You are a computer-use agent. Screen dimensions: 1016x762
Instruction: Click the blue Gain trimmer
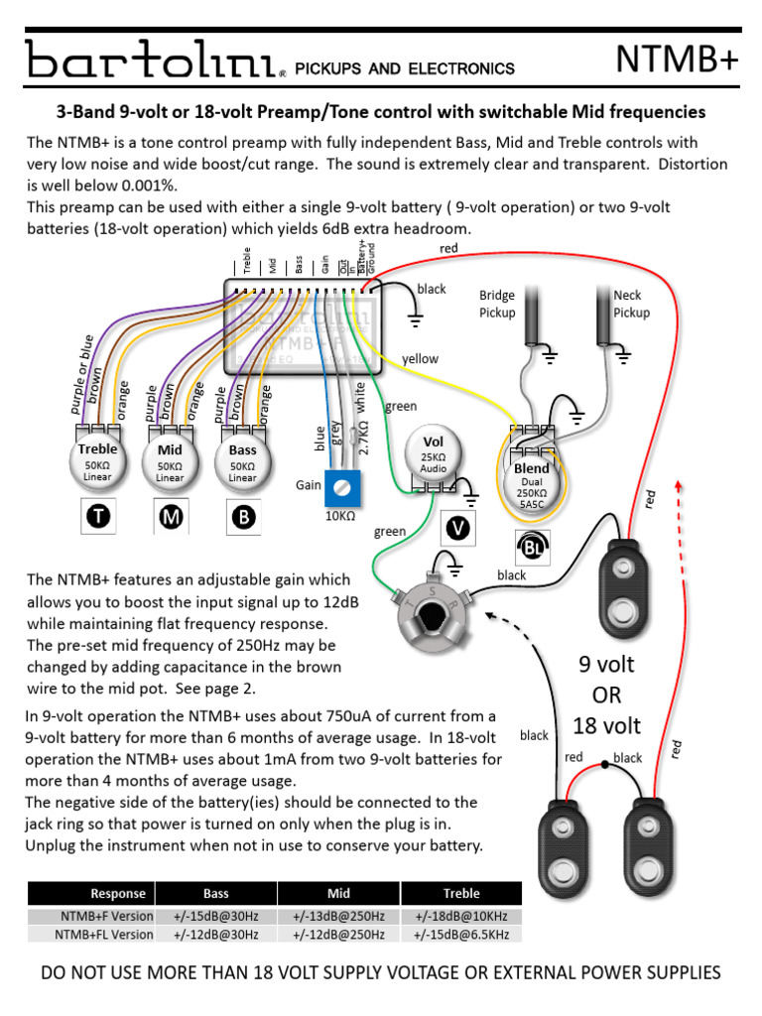point(342,486)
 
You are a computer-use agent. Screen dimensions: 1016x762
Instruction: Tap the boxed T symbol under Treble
point(97,516)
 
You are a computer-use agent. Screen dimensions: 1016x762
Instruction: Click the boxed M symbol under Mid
point(170,517)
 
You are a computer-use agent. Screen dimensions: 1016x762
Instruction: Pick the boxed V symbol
point(456,528)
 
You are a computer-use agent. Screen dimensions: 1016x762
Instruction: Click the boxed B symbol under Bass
point(242,517)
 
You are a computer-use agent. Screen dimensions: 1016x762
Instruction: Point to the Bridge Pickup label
point(497,304)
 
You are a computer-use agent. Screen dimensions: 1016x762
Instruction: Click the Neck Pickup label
point(631,304)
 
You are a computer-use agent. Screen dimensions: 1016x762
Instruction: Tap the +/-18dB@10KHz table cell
point(461,914)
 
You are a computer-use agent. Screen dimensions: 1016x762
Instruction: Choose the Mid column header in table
point(338,893)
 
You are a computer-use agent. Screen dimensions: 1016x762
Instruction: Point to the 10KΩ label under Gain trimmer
point(340,517)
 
